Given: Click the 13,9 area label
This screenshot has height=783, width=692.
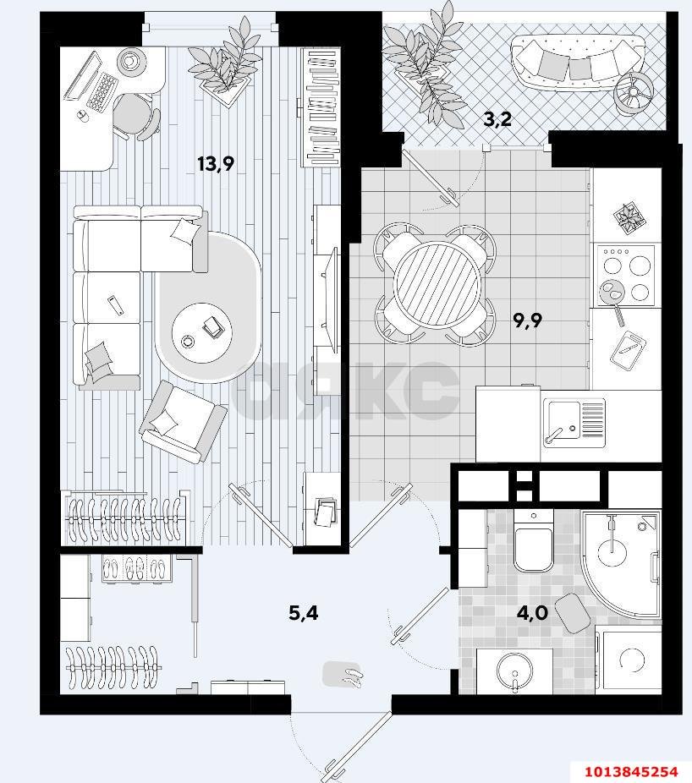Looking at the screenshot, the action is click(x=216, y=164).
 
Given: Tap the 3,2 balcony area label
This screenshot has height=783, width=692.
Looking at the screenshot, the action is click(x=497, y=119).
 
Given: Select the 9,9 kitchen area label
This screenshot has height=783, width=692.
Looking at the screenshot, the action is click(x=528, y=320).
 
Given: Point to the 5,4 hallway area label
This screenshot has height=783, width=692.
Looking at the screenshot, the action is click(x=304, y=612).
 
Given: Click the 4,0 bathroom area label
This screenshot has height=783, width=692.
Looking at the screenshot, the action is click(x=533, y=612).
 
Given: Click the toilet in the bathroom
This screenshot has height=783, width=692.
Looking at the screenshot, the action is click(x=534, y=541).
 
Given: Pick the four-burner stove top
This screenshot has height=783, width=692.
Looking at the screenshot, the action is click(x=625, y=276).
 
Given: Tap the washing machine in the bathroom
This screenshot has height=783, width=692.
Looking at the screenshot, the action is click(x=629, y=660).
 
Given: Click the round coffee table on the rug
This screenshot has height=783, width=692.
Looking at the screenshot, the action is click(x=202, y=333).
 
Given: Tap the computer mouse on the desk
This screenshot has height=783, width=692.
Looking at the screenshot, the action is click(x=82, y=116).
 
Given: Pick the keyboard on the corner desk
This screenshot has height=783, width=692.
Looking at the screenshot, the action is click(x=102, y=91).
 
